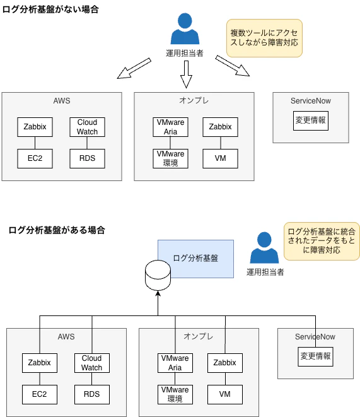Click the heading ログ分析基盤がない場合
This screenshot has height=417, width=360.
point(50,10)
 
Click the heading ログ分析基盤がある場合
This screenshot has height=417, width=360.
point(57,230)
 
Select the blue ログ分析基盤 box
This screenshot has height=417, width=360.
point(195,259)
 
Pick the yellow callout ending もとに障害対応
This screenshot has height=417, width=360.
point(322,240)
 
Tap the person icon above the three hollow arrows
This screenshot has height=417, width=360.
point(184,29)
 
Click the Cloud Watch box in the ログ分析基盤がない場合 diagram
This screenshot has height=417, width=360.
point(87,127)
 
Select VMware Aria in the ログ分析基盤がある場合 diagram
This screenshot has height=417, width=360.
point(175,363)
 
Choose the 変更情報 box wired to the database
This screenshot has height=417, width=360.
point(315,356)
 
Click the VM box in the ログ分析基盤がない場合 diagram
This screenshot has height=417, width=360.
point(220,158)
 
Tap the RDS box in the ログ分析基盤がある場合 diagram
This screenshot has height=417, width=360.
point(91,394)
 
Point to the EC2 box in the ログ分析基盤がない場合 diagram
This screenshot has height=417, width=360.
point(35,158)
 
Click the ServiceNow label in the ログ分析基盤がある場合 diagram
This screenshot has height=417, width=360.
point(315,337)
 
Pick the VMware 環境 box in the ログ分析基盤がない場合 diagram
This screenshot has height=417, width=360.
point(170,158)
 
